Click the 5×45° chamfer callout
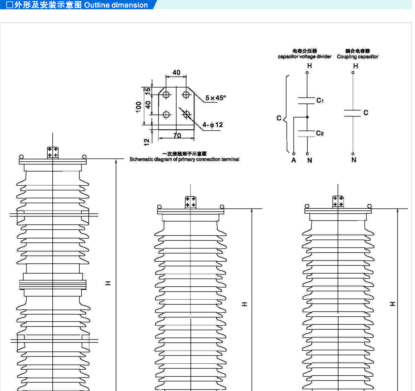[215, 98]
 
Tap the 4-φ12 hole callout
[213, 125]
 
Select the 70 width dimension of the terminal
[177, 135]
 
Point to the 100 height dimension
[139, 107]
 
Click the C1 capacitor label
[320, 101]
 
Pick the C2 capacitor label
[320, 133]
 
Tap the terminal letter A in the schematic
[294, 160]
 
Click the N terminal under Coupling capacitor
[354, 160]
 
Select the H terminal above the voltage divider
[309, 66]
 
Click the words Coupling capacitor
[357, 57]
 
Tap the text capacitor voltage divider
[304, 57]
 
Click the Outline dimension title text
[116, 5]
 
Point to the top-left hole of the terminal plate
[166, 95]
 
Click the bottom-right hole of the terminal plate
[187, 115]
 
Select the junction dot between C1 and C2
[307, 117]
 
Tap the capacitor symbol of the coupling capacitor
[352, 113]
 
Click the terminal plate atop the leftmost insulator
[53, 153]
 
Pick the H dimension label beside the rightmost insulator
[393, 304]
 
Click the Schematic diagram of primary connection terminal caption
[184, 159]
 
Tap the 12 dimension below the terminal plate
[147, 142]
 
